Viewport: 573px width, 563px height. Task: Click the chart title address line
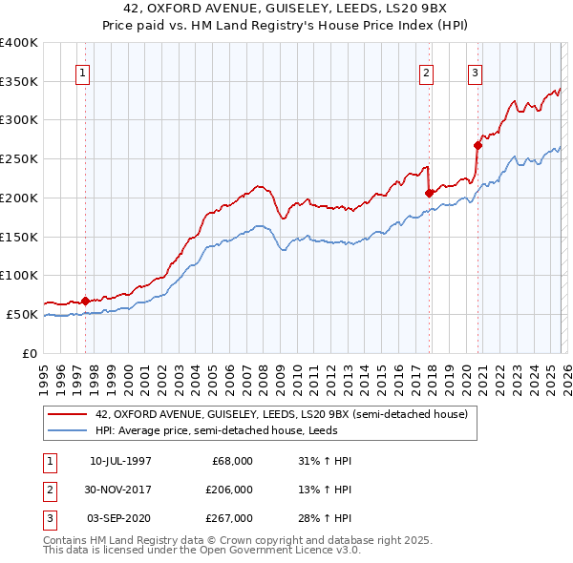point(286,10)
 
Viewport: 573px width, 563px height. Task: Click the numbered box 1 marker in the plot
point(83,73)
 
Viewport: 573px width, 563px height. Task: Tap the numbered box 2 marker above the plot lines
point(426,73)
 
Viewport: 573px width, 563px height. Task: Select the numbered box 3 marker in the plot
point(475,73)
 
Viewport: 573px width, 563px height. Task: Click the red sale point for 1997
point(85,301)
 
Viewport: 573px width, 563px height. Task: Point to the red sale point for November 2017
point(429,193)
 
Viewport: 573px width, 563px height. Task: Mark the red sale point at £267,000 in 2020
point(477,145)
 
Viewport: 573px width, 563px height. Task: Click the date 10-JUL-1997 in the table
point(120,461)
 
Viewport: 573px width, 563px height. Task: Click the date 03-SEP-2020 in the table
point(120,518)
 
